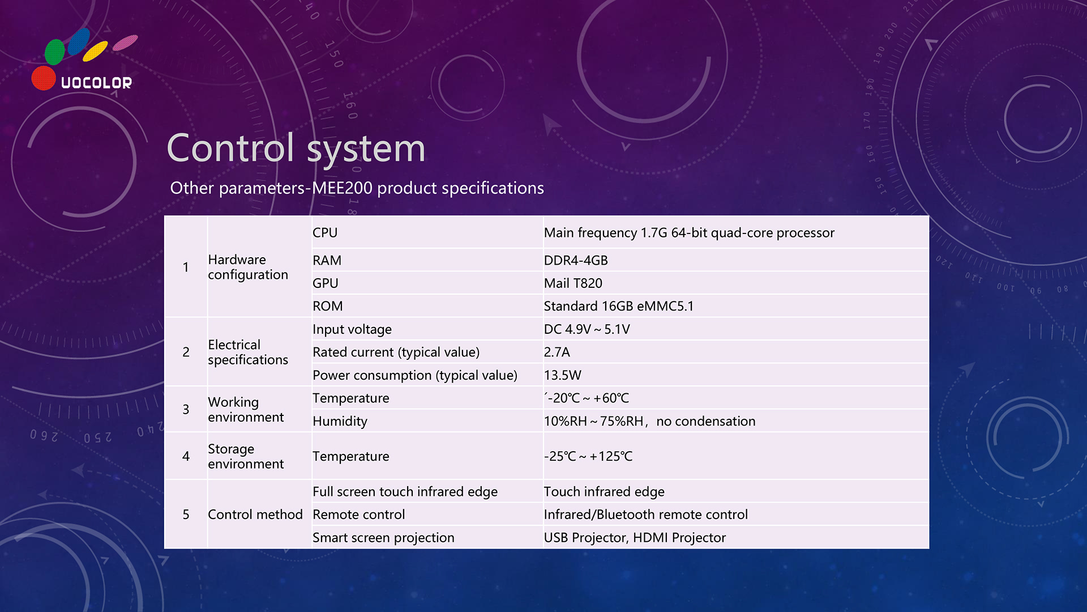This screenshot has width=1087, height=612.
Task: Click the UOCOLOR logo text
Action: click(96, 83)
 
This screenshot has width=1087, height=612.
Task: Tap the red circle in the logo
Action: click(44, 78)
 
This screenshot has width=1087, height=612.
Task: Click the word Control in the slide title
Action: click(230, 148)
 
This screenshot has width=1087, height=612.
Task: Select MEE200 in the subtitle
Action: click(342, 188)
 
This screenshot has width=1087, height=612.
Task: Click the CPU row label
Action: click(325, 233)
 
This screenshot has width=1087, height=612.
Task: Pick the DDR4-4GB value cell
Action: click(576, 260)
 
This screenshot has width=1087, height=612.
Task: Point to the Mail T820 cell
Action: click(573, 283)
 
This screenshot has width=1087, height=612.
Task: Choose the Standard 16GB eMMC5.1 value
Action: click(619, 306)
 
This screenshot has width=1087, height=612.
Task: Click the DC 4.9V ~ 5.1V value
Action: click(587, 329)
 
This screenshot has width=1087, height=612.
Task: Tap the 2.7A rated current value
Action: click(557, 352)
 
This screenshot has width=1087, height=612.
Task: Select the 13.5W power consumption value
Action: click(563, 375)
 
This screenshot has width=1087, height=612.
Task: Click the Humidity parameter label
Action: click(340, 421)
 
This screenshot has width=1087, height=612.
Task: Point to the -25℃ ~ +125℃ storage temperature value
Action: click(588, 456)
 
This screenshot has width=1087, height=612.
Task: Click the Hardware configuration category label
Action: click(248, 267)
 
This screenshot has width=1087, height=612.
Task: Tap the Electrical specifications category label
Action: click(248, 352)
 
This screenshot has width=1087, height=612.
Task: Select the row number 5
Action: click(186, 515)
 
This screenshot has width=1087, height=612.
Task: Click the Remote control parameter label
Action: click(359, 515)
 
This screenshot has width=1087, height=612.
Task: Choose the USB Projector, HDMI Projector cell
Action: click(635, 538)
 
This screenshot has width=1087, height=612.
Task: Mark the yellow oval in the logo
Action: click(95, 51)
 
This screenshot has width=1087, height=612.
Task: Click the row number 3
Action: click(186, 409)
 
